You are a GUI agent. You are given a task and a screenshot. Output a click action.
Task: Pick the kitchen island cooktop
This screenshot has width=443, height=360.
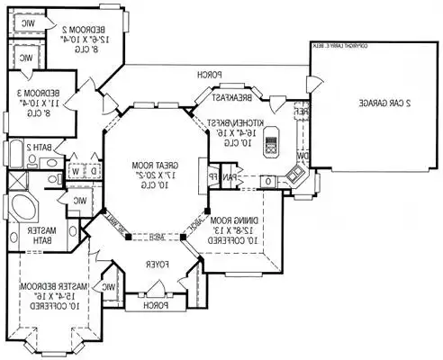(270, 141)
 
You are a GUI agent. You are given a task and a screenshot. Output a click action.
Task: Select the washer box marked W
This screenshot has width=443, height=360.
(75, 169)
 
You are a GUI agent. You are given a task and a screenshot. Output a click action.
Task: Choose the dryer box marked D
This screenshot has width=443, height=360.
(95, 169)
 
